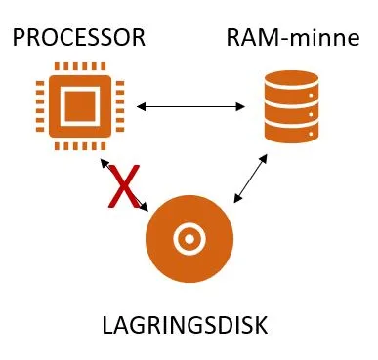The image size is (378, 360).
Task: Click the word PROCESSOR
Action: pos(79,38)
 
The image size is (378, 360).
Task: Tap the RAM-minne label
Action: pos(293,38)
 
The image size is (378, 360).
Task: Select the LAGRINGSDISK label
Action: pos(185,325)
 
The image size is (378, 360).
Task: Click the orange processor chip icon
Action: pos(80,106)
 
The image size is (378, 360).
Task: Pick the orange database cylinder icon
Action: pos(291,107)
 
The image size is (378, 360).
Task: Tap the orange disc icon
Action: pos(189,239)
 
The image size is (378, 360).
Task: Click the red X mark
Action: pos(124,186)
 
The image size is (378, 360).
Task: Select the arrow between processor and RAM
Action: pos(190,106)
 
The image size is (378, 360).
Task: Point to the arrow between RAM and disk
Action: pos(251,179)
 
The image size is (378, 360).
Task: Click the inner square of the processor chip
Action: pos(80,106)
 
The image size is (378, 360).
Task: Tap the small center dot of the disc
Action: pos(189,239)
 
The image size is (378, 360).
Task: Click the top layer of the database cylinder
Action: pos(291,78)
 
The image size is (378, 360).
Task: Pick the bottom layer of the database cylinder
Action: pos(291,134)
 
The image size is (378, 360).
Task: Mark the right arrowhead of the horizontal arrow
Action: pos(240,106)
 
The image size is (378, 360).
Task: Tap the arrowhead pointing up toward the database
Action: pos(263,158)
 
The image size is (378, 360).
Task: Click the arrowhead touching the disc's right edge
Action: pos(238,198)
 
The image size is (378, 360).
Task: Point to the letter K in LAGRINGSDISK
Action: pos(261,325)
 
